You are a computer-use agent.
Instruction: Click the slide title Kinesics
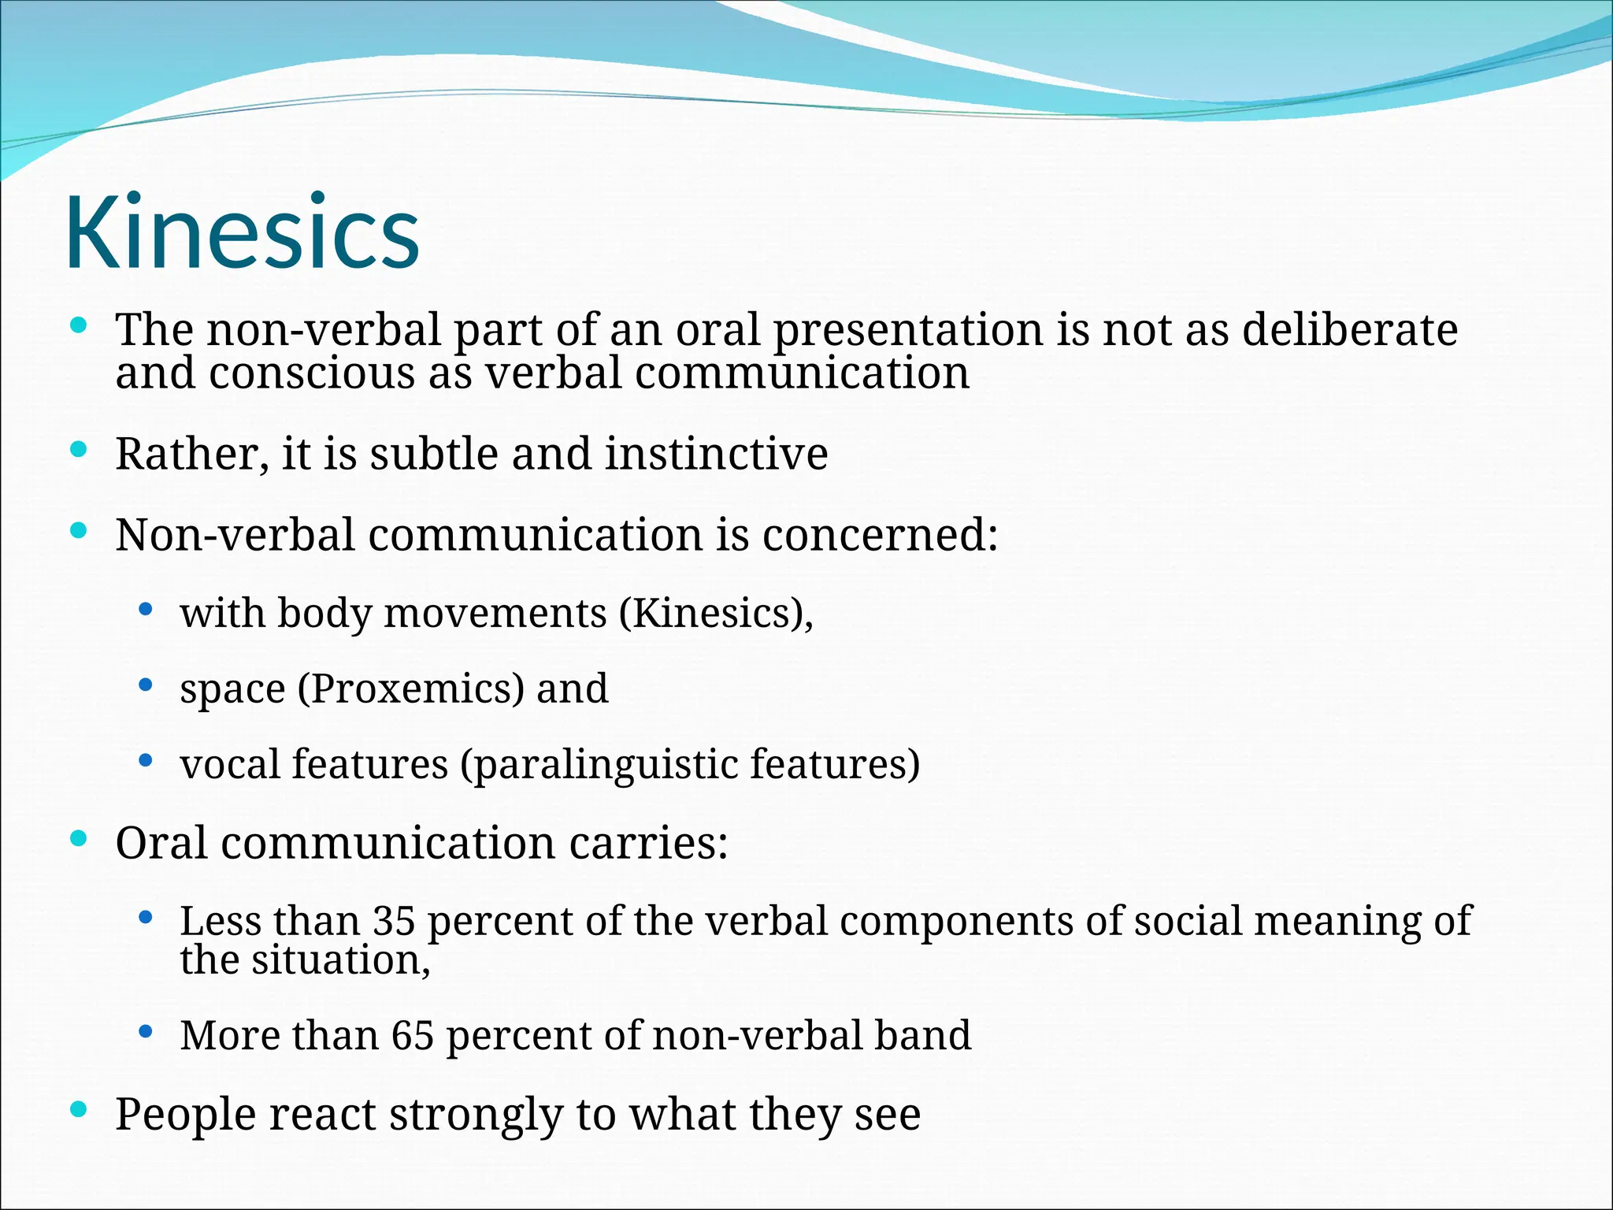242,233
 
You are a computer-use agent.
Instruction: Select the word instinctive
716,454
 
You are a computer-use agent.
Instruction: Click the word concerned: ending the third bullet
880,535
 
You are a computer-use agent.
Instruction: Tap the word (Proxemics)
410,689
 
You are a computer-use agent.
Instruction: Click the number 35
394,920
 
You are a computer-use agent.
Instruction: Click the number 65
413,1035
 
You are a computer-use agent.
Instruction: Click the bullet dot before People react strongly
77,1110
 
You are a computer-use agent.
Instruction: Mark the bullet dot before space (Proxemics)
144,685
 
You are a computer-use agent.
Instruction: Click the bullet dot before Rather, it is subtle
77,450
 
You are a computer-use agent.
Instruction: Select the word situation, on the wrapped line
341,960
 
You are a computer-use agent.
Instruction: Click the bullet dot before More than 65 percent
144,1031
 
